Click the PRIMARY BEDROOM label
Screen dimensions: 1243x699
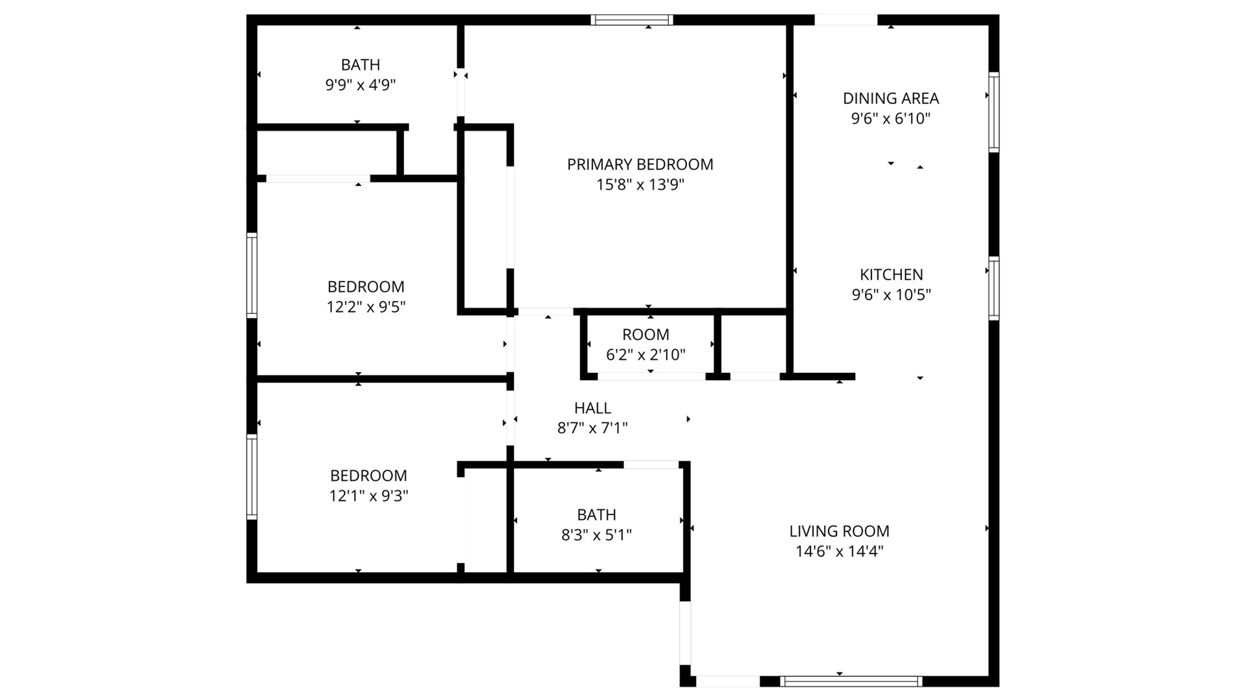point(640,164)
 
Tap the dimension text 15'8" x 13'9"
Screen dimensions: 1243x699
point(640,185)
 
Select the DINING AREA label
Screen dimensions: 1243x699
point(891,98)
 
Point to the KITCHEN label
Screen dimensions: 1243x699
point(891,274)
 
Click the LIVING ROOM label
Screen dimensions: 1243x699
point(839,531)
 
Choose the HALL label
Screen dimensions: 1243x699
point(592,408)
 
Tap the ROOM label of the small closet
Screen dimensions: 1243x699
point(645,335)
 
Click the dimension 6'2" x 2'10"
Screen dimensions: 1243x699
point(645,355)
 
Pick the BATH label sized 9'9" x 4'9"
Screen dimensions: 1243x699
point(361,65)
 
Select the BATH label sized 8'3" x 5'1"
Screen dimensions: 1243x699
point(597,515)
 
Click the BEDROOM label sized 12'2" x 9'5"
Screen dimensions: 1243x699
point(366,287)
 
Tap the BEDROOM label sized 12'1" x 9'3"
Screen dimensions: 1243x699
point(368,476)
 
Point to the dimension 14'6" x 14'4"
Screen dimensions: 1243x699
point(840,551)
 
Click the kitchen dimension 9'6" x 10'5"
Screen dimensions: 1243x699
point(891,295)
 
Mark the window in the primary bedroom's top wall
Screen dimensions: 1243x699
point(632,20)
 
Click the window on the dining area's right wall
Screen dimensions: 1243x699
point(994,113)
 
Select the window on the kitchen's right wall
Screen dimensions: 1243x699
point(994,288)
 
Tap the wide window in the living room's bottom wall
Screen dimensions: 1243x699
point(851,681)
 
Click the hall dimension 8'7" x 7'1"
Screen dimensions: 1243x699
point(592,428)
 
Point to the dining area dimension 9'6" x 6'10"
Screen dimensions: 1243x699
point(891,118)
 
